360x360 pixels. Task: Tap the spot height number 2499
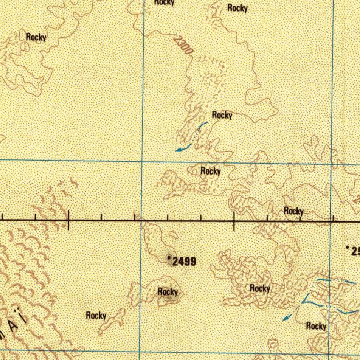click(x=185, y=261)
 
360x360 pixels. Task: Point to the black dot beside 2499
click(x=169, y=258)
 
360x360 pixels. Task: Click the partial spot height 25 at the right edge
click(x=355, y=251)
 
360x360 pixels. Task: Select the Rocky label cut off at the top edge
click(x=164, y=2)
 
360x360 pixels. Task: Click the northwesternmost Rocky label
click(x=36, y=37)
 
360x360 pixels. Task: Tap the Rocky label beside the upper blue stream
click(x=222, y=115)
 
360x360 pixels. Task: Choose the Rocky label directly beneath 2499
click(x=168, y=291)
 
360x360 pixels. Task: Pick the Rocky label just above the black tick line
click(x=294, y=211)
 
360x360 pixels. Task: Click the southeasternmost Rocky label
click(x=316, y=326)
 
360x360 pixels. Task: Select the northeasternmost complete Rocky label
click(x=237, y=8)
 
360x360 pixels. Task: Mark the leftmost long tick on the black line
click(x=69, y=220)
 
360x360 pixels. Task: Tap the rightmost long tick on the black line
click(x=234, y=221)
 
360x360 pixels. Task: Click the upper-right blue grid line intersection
click(x=332, y=163)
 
